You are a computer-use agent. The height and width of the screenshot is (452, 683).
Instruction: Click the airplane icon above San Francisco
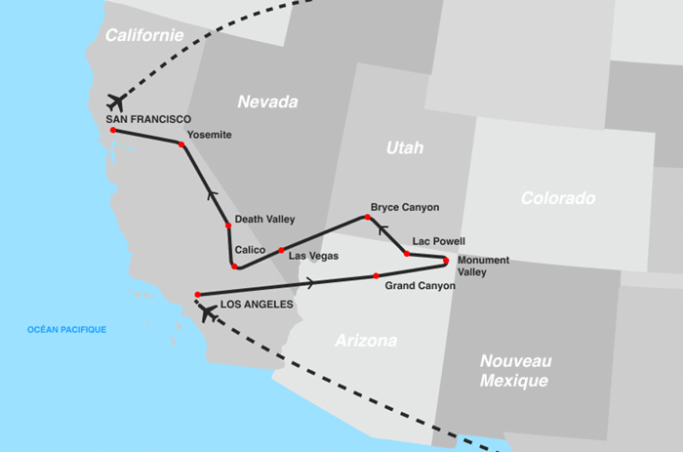point(116,102)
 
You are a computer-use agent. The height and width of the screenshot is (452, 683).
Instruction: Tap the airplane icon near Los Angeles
point(207,312)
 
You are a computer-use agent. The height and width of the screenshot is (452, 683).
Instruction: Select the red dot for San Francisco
point(113,130)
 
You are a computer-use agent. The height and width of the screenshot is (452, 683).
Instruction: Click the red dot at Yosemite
point(181,144)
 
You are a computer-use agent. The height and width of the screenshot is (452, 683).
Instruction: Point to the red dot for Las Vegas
point(281,251)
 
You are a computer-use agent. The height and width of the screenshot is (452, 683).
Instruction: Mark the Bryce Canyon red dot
point(368,218)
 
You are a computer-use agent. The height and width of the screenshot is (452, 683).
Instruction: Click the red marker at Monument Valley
point(446,261)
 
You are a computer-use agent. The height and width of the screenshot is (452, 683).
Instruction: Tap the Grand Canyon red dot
point(377,276)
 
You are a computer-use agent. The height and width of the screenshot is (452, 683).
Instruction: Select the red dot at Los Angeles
point(197,294)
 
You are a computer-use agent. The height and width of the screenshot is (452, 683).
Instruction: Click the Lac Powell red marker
point(407,254)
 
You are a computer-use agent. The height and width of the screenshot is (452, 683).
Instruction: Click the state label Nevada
point(267,102)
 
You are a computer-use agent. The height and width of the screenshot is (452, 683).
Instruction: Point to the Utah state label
point(405,148)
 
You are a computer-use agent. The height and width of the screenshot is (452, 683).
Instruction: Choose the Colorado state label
point(557,198)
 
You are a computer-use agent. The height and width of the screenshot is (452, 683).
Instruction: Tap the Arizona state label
point(366,341)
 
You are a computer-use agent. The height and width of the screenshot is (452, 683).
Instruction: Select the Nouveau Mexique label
point(515,370)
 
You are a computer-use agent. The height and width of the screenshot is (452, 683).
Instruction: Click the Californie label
point(144,35)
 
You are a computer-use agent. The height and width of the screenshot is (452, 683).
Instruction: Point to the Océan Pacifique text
point(67,330)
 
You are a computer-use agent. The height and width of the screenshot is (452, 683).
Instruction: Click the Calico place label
point(251,250)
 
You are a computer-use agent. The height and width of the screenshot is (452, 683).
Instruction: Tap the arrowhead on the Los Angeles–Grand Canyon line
point(310,283)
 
